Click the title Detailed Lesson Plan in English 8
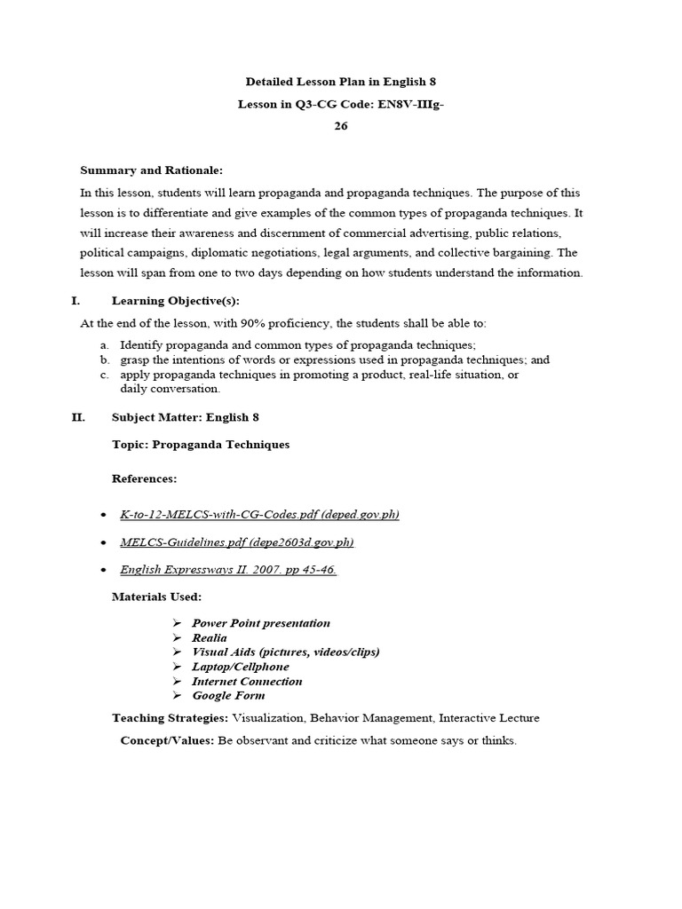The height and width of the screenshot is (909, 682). (341, 82)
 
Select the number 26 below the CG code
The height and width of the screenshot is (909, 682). (341, 126)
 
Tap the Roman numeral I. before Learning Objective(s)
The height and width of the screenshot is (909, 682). (76, 301)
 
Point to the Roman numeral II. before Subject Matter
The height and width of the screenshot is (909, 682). (78, 416)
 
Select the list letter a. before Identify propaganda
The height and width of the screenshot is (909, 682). (105, 344)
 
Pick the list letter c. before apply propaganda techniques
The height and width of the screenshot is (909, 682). (105, 375)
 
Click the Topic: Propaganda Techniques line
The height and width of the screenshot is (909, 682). (201, 444)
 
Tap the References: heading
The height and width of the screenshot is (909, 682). (144, 478)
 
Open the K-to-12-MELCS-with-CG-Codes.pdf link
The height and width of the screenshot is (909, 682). (259, 515)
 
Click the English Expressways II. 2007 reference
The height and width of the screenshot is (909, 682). (228, 570)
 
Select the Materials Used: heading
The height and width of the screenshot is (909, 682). (156, 597)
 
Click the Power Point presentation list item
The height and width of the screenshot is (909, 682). (261, 623)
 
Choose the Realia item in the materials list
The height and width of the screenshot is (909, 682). (210, 637)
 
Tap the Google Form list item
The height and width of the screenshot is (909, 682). (228, 696)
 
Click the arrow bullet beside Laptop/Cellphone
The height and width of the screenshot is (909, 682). (177, 667)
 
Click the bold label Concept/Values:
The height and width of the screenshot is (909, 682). (167, 741)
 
